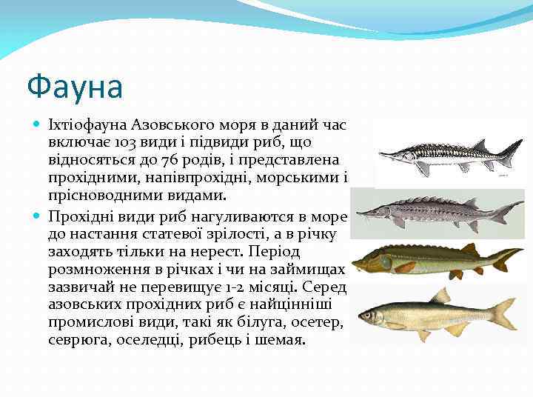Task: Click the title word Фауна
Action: [74, 86]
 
